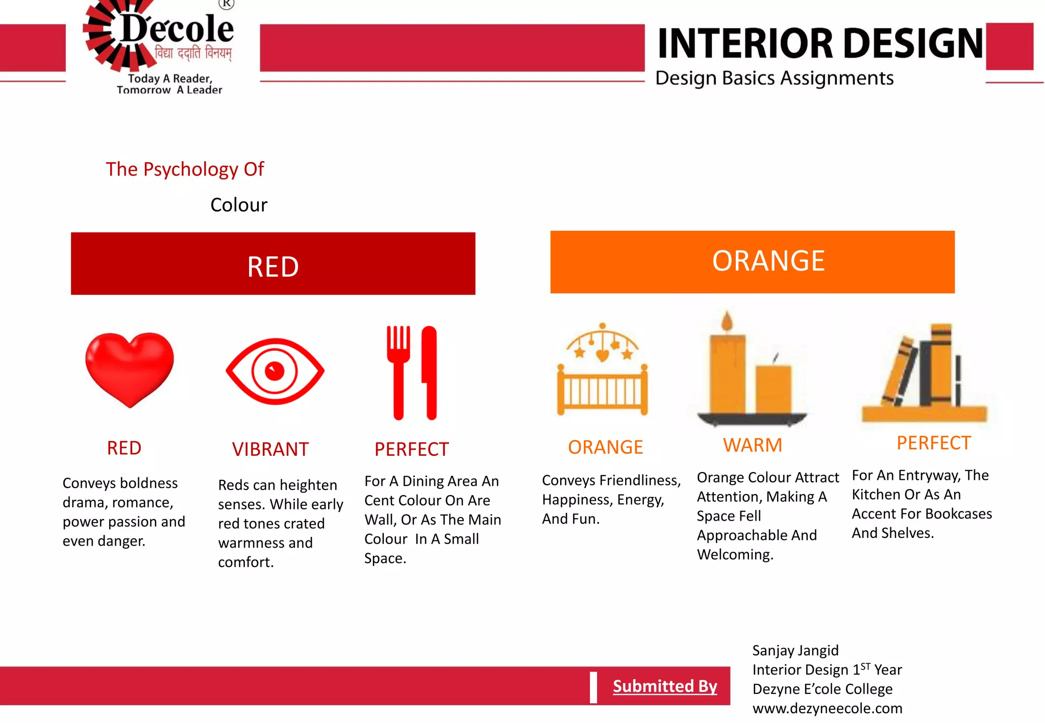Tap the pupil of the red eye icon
coord(275,371)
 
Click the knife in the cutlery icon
coord(430,372)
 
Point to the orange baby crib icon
coord(603,377)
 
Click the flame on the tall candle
coord(727,321)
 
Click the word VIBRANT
coord(270,449)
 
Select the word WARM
coord(753,445)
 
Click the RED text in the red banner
coord(273,266)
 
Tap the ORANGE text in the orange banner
coord(768,261)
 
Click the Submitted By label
coord(665,686)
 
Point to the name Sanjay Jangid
coord(795,651)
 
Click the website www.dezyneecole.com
coord(827,708)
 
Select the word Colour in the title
coord(239,205)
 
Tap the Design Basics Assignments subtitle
coord(774,78)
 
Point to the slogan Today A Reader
coord(170,79)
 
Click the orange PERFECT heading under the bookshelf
coord(934,443)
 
